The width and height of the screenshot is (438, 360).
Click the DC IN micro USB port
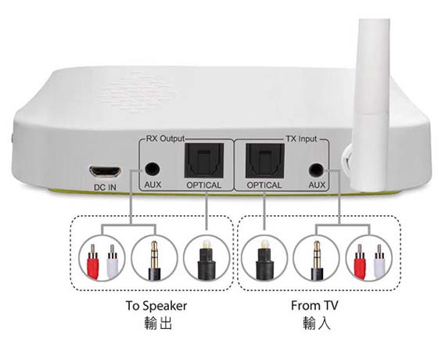point(105,171)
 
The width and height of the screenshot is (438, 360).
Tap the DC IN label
point(105,187)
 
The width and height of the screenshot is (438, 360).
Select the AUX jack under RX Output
point(152,169)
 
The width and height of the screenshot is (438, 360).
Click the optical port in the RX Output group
point(204,160)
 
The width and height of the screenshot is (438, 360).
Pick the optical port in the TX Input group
point(265,160)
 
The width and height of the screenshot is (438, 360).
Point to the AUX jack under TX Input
point(316,170)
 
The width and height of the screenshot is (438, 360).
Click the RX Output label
point(165,139)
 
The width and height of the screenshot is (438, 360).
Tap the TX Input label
point(301,139)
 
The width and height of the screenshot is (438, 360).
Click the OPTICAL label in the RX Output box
point(203,185)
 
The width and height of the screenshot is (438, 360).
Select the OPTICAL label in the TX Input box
point(264,185)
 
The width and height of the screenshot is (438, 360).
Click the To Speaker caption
point(156,306)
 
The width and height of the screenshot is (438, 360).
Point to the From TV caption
point(314,305)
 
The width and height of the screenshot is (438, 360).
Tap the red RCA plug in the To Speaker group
point(93,261)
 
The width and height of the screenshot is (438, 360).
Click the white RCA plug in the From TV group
point(379,261)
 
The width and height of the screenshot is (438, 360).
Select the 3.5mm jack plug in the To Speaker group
point(154,261)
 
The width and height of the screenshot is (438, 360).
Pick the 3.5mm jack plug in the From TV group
point(317,261)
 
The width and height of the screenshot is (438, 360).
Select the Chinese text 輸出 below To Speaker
point(158,322)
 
